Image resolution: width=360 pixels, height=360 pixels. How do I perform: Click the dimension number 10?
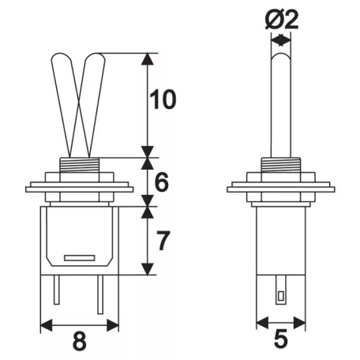pos(163,99)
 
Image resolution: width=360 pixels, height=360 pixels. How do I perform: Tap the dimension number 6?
pos(161,182)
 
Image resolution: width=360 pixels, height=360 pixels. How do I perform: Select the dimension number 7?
pos(163,241)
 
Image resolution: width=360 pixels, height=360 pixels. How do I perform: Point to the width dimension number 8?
pos(80,341)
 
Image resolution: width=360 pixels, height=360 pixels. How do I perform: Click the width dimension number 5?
pos(281,339)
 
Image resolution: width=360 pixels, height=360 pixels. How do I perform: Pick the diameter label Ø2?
pos(282,20)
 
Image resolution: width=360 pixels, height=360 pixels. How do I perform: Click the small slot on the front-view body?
pos(80,258)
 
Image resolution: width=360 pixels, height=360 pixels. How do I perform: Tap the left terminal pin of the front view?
pos(57,290)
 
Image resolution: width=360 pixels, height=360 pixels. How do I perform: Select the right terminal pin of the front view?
pos(100,294)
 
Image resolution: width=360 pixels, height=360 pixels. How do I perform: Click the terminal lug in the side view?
pos(281,290)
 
